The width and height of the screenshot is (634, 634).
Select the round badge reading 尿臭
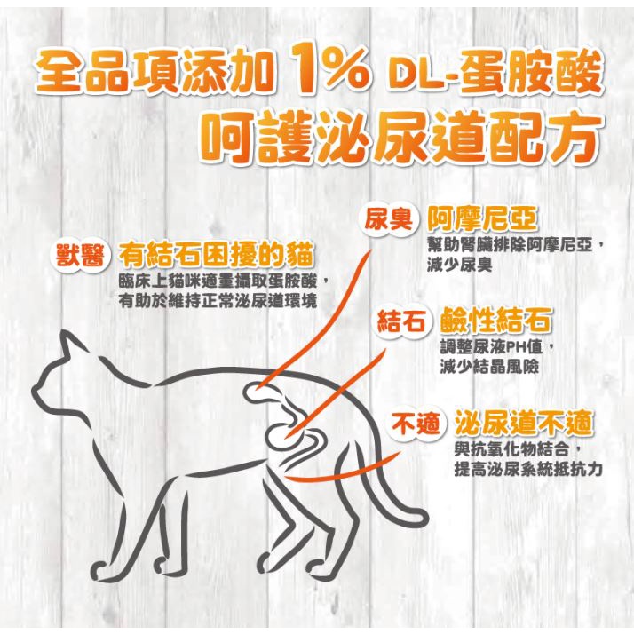click(x=388, y=219)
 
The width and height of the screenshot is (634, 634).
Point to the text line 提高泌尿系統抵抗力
click(x=528, y=470)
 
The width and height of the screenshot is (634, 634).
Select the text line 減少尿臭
click(x=459, y=265)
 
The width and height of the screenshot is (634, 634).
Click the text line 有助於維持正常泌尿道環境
click(x=218, y=301)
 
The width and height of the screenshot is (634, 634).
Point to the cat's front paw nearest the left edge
click(x=100, y=567)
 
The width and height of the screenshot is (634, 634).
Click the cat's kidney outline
click(x=258, y=391)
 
